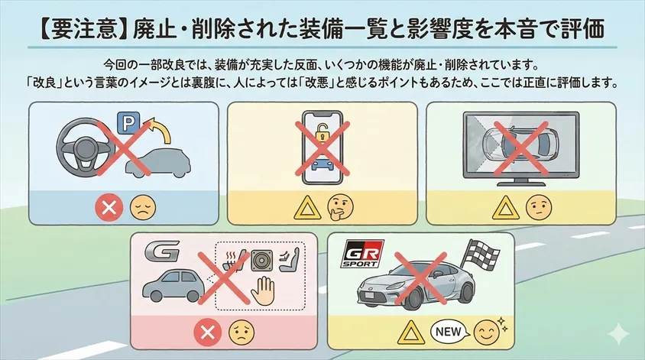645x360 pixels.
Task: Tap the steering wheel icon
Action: click(88, 145)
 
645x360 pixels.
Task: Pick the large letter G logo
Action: click(164, 253)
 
